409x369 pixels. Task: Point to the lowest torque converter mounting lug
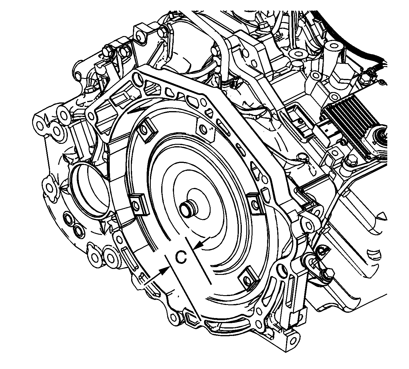246,280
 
